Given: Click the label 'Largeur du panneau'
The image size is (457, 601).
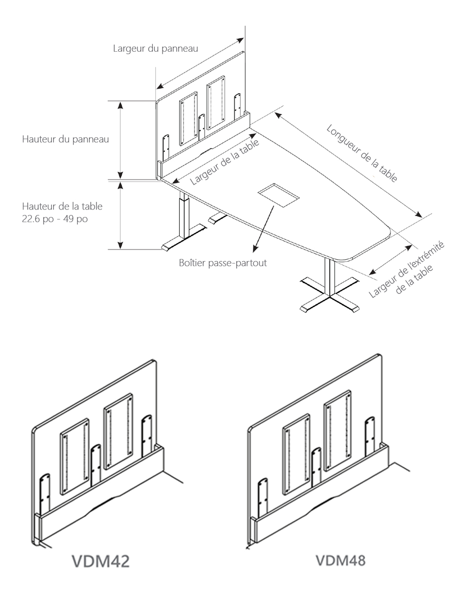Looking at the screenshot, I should (154, 49).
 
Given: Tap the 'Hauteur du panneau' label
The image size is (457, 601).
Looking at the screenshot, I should (66, 138).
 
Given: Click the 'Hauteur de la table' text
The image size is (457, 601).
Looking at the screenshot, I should (62, 207).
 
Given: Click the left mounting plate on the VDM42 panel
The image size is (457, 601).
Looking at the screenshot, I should (75, 456).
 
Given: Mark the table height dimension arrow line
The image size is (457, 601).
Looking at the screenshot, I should (120, 216).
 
